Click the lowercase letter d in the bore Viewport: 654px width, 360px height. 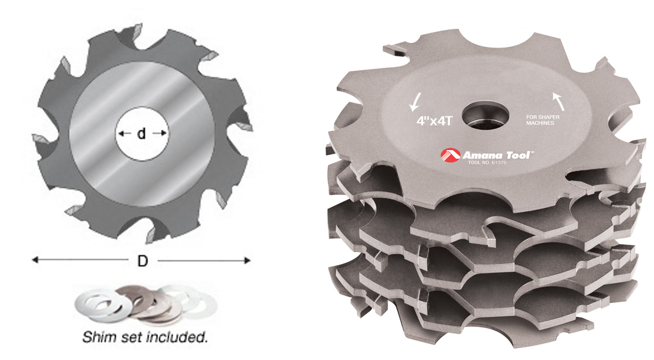[142, 134]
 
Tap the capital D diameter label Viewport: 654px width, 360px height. [143, 261]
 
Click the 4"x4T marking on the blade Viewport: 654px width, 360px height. [433, 120]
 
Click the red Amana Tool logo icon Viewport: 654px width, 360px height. [449, 155]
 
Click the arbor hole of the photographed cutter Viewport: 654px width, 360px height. [485, 113]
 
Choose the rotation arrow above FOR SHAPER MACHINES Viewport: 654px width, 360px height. [557, 98]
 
